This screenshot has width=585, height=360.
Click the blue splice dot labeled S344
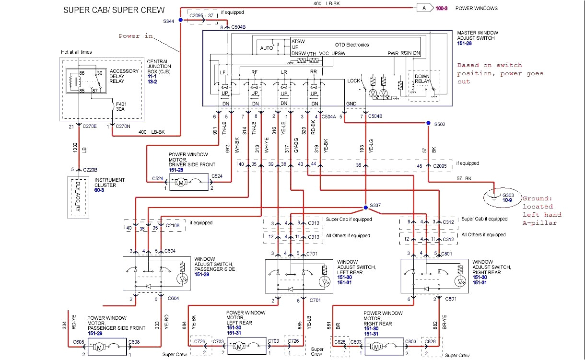pyautogui.click(x=180, y=20)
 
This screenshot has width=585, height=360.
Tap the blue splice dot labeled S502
pyautogui.click(x=428, y=123)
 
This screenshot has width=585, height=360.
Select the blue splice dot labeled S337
pyautogui.click(x=365, y=207)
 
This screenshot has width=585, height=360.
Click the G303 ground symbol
pyautogui.click(x=495, y=196)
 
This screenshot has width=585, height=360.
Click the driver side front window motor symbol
pyautogui.click(x=182, y=182)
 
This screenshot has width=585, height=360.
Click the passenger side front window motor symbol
pyautogui.click(x=99, y=346)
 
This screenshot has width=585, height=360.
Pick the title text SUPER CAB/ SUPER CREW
pyautogui.click(x=114, y=10)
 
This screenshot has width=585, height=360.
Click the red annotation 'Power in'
pyautogui.click(x=136, y=36)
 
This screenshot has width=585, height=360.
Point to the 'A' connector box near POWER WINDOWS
pyautogui.click(x=424, y=8)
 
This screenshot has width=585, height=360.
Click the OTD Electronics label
pyautogui.click(x=352, y=45)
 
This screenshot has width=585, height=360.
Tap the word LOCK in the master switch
pyautogui.click(x=353, y=81)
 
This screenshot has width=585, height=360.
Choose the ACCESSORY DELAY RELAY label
pyautogui.click(x=124, y=76)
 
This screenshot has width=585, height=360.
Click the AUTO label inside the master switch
pyautogui.click(x=266, y=48)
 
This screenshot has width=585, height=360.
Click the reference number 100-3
pyautogui.click(x=441, y=8)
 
